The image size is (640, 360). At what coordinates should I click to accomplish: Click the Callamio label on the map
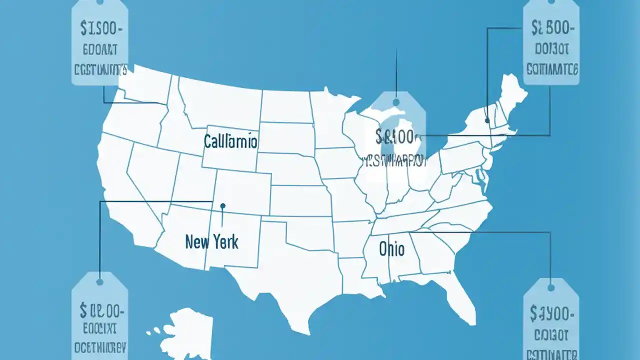pyautogui.click(x=230, y=142)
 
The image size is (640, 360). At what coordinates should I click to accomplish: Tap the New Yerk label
pyautogui.click(x=211, y=242)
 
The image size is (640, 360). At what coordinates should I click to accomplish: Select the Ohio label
pyautogui.click(x=391, y=248)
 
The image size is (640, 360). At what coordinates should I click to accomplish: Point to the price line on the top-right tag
pyautogui.click(x=551, y=29)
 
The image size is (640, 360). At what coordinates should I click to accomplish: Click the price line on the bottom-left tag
pyautogui.click(x=99, y=312)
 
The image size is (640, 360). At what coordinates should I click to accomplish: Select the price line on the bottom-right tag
pyautogui.click(x=551, y=313)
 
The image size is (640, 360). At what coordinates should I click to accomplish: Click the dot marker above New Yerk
pyautogui.click(x=222, y=205)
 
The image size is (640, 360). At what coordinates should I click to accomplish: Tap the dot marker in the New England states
pyautogui.click(x=487, y=120)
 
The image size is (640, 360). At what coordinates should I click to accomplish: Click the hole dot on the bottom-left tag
pyautogui.click(x=99, y=282)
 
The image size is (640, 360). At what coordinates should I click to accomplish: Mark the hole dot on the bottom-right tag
pyautogui.click(x=551, y=287)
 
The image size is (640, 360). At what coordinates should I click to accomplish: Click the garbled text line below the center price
pyautogui.click(x=395, y=160)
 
